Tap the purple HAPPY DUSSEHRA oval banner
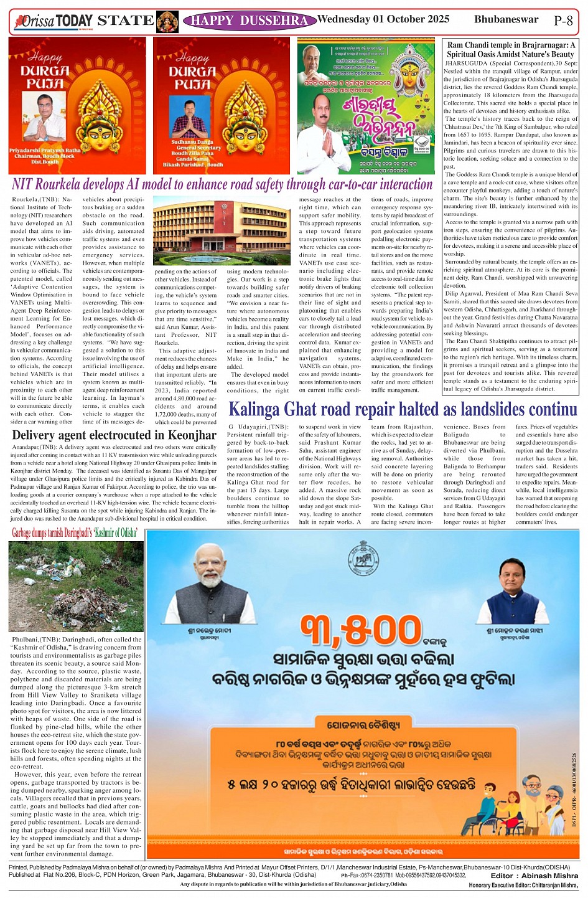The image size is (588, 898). pos(250,21)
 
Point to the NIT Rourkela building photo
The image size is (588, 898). pos(220,230)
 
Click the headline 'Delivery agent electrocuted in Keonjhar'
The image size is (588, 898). pos(114,435)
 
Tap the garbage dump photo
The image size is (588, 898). pos(76,586)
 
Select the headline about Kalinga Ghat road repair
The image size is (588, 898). pos(403,410)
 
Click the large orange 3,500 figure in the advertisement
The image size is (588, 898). pos(361,630)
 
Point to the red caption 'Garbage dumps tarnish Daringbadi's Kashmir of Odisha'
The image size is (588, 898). pos(75,532)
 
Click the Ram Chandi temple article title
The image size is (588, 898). pos(511,49)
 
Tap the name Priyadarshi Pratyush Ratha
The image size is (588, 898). pos(45,150)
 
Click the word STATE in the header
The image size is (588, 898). pos(126,21)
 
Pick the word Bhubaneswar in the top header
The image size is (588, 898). pos(506,19)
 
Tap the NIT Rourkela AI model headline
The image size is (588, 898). pos(222,184)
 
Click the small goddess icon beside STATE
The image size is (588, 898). pos(167,21)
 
